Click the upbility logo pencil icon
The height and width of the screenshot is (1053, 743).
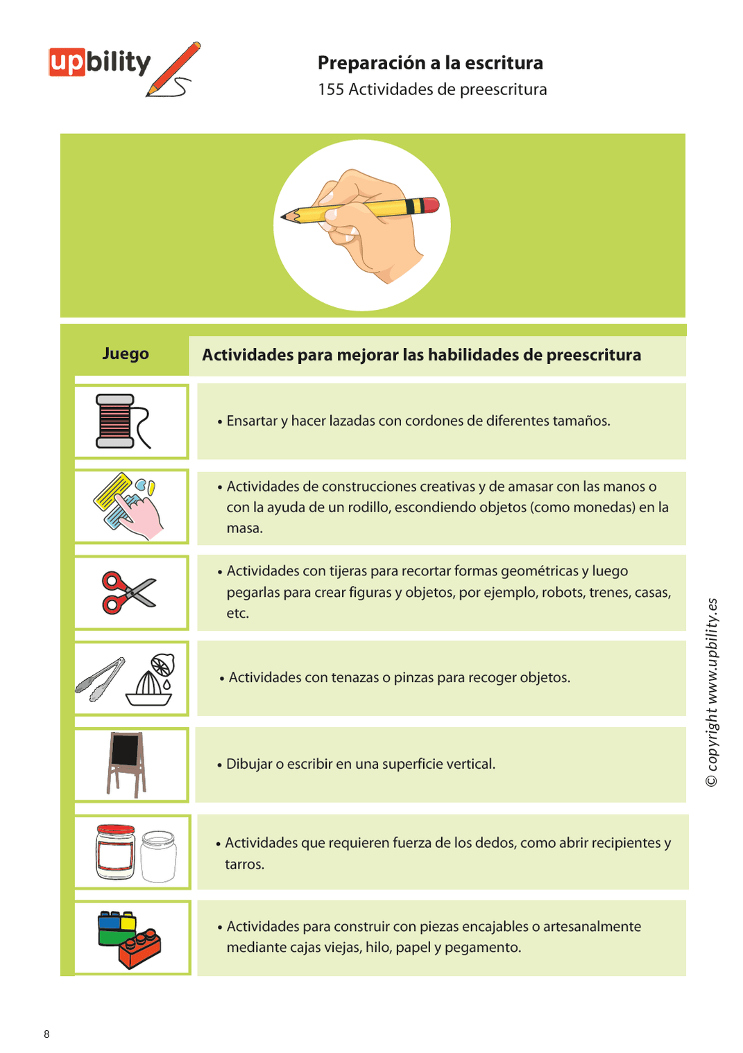click(x=175, y=69)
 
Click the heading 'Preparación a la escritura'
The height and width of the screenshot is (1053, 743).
click(x=430, y=63)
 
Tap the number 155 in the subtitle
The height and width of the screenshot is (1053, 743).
click(x=331, y=90)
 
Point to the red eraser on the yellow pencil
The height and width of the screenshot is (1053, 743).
click(x=431, y=205)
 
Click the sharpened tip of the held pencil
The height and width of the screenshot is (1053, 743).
click(x=284, y=217)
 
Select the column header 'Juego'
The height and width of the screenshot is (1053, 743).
click(x=126, y=354)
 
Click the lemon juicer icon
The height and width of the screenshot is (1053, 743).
click(x=152, y=681)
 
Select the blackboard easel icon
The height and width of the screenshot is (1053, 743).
click(x=127, y=763)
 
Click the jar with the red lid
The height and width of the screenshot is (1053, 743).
click(x=116, y=852)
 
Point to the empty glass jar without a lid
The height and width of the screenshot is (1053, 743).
click(x=159, y=856)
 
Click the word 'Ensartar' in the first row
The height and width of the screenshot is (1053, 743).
click(x=252, y=421)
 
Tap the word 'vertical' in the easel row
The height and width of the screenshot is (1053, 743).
click(x=472, y=764)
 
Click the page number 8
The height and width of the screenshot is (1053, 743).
click(x=46, y=1034)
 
